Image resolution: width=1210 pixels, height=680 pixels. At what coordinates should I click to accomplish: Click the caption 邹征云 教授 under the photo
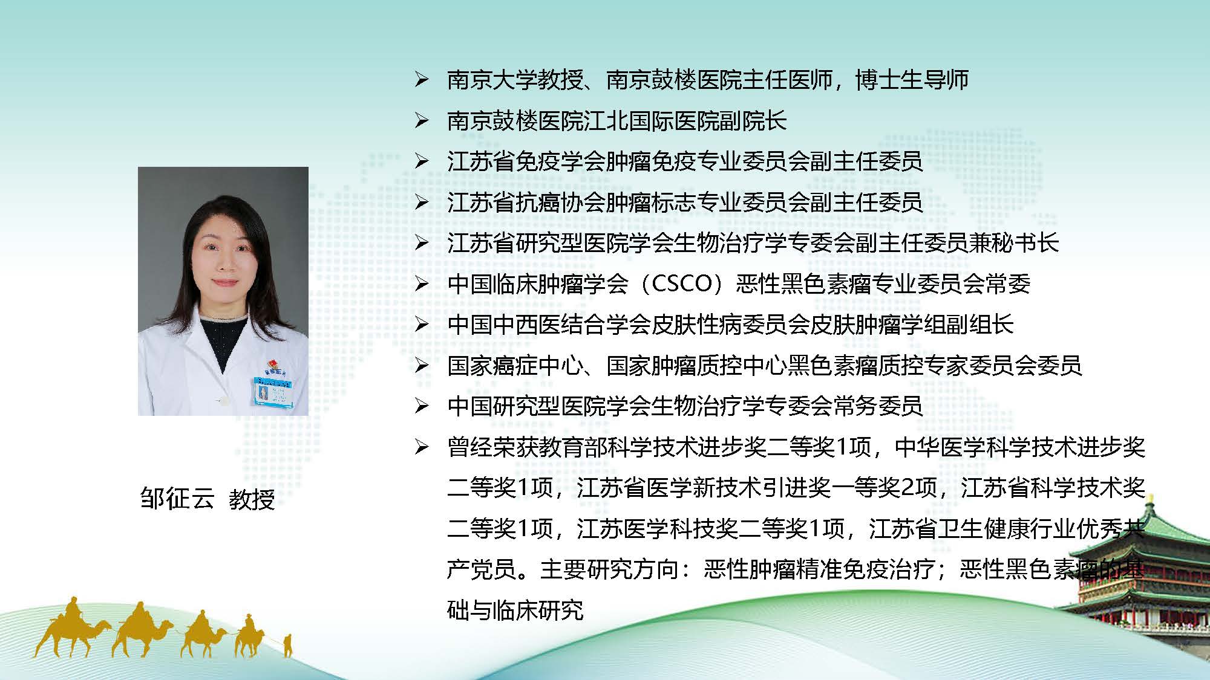[x=208, y=499]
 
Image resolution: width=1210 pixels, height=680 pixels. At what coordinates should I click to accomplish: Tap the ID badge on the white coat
[x=270, y=391]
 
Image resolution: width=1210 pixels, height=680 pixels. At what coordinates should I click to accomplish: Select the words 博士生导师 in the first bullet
[x=912, y=80]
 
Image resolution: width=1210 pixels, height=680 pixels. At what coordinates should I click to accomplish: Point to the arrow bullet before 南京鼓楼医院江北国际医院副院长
[x=422, y=121]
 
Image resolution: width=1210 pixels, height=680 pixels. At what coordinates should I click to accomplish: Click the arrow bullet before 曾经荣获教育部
[x=422, y=447]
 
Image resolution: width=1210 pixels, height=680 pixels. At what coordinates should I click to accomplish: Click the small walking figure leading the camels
[x=287, y=646]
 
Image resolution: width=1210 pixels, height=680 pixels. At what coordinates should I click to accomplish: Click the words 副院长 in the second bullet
[x=753, y=121]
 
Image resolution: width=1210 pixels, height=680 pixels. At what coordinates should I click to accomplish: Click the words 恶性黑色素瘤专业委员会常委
[x=883, y=283]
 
